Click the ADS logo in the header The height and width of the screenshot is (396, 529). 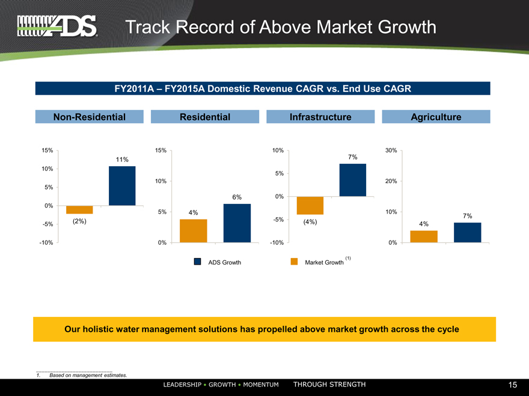click(x=57, y=26)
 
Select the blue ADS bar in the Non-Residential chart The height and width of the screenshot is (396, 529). click(x=122, y=186)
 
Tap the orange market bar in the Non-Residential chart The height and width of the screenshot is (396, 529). click(x=79, y=209)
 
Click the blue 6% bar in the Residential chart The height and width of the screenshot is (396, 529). click(x=237, y=223)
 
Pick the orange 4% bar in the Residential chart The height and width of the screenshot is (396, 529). click(x=193, y=231)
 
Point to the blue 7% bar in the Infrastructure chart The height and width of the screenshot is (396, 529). click(x=352, y=180)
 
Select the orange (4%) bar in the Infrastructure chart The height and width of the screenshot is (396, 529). click(x=310, y=206)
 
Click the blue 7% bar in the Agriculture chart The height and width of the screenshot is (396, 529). click(x=467, y=233)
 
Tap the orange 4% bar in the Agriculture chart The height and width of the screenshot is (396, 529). click(x=424, y=236)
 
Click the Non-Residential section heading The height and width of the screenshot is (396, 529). click(x=90, y=117)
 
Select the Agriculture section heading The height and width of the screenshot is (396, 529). click(x=436, y=117)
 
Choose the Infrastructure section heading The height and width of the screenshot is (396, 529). click(x=320, y=117)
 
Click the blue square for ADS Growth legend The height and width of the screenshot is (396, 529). click(x=197, y=262)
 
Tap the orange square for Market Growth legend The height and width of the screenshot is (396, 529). click(x=294, y=262)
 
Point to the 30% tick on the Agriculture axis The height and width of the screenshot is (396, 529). click(x=391, y=150)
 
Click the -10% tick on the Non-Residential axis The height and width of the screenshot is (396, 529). click(x=46, y=243)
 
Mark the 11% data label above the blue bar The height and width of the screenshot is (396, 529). click(x=122, y=160)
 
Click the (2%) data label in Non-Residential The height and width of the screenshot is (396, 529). click(x=79, y=221)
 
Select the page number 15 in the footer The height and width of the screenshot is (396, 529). click(x=512, y=385)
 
